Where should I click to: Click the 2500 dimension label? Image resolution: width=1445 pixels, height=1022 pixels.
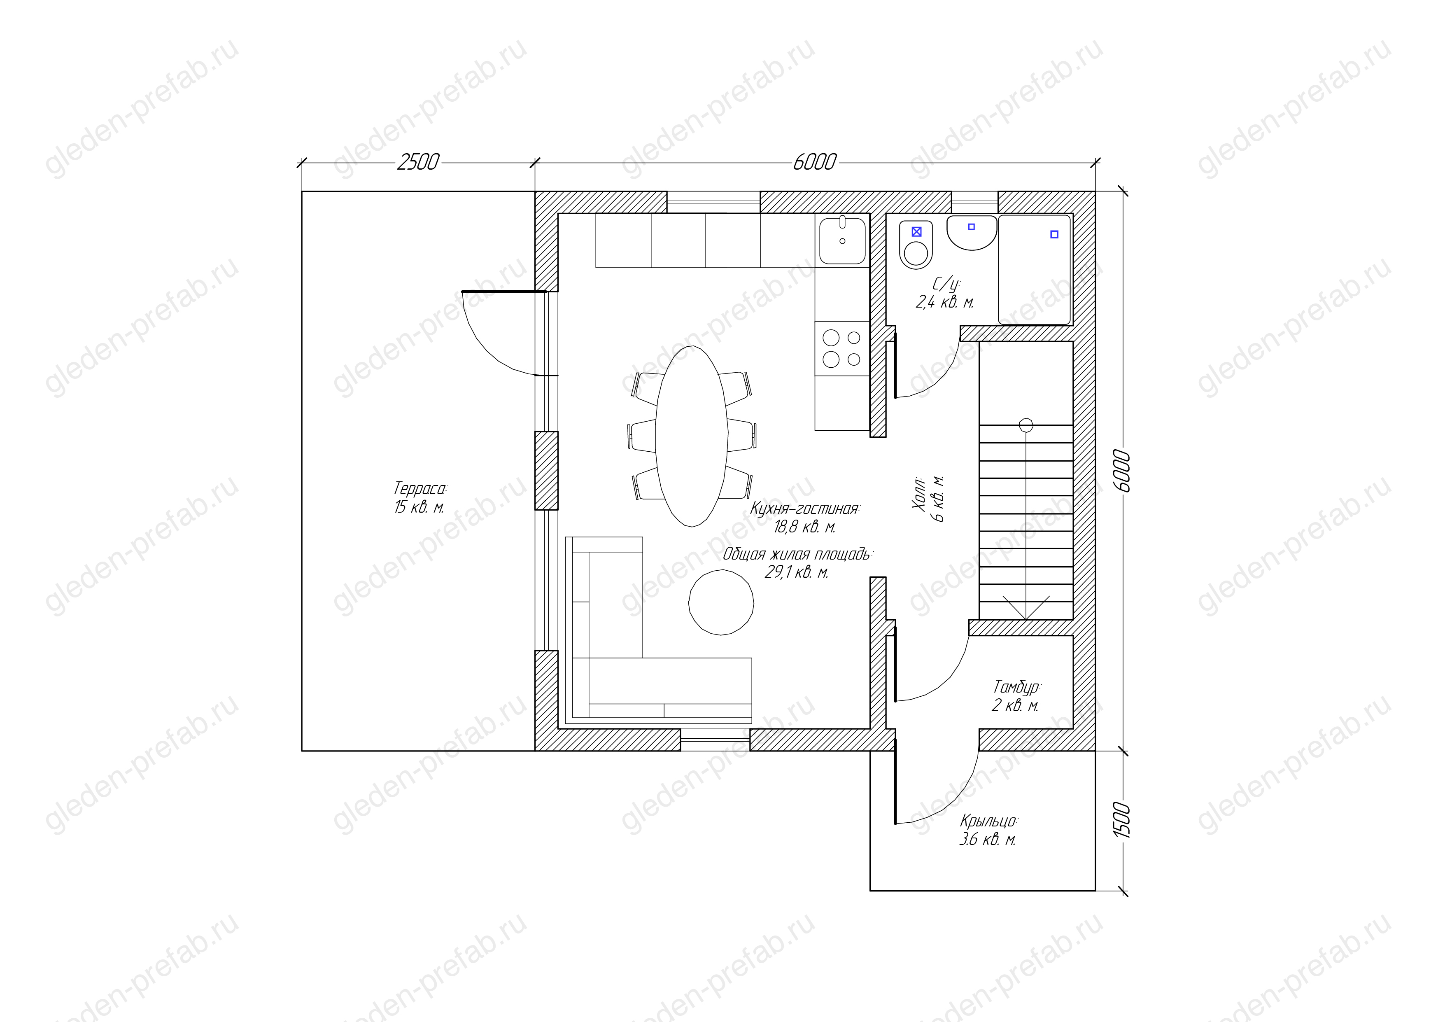[418, 162]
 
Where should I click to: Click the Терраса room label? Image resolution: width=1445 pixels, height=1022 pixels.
[420, 488]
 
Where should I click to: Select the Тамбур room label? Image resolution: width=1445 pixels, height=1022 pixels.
[1017, 686]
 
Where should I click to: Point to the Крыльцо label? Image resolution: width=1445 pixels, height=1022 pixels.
[989, 821]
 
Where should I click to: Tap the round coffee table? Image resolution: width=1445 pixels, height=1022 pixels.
[721, 603]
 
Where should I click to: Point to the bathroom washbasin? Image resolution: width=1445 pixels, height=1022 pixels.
[972, 232]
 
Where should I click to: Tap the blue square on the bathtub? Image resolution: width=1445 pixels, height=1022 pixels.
[1054, 235]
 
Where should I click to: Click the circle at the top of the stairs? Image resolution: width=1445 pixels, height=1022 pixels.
[1026, 425]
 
